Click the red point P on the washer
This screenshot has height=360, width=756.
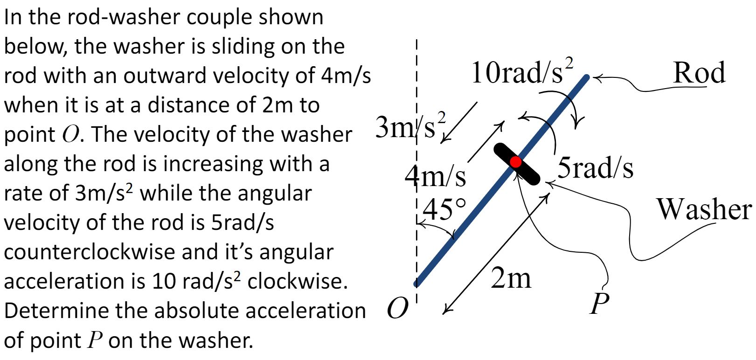pos(516,162)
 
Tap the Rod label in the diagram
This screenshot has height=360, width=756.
pos(699,73)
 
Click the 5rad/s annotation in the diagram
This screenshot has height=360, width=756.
pos(596,167)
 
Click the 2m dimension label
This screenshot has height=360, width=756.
pos(511,278)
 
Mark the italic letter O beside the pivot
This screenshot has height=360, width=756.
pos(397,308)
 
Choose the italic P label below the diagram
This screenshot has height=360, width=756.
pos(599,304)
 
